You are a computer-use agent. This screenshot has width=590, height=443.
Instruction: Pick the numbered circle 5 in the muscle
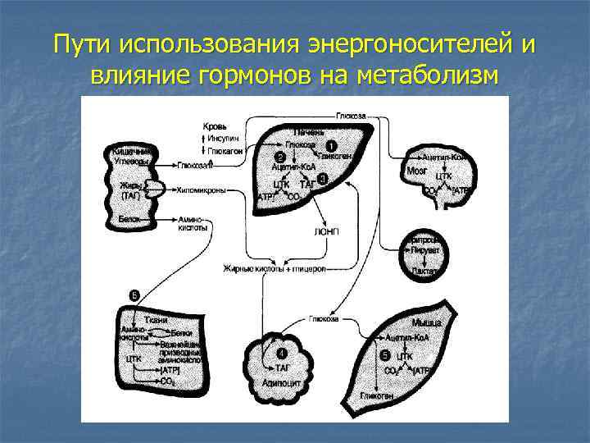pyautogui.click(x=385, y=354)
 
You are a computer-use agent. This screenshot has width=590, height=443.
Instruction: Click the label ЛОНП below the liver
pyautogui.click(x=324, y=231)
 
